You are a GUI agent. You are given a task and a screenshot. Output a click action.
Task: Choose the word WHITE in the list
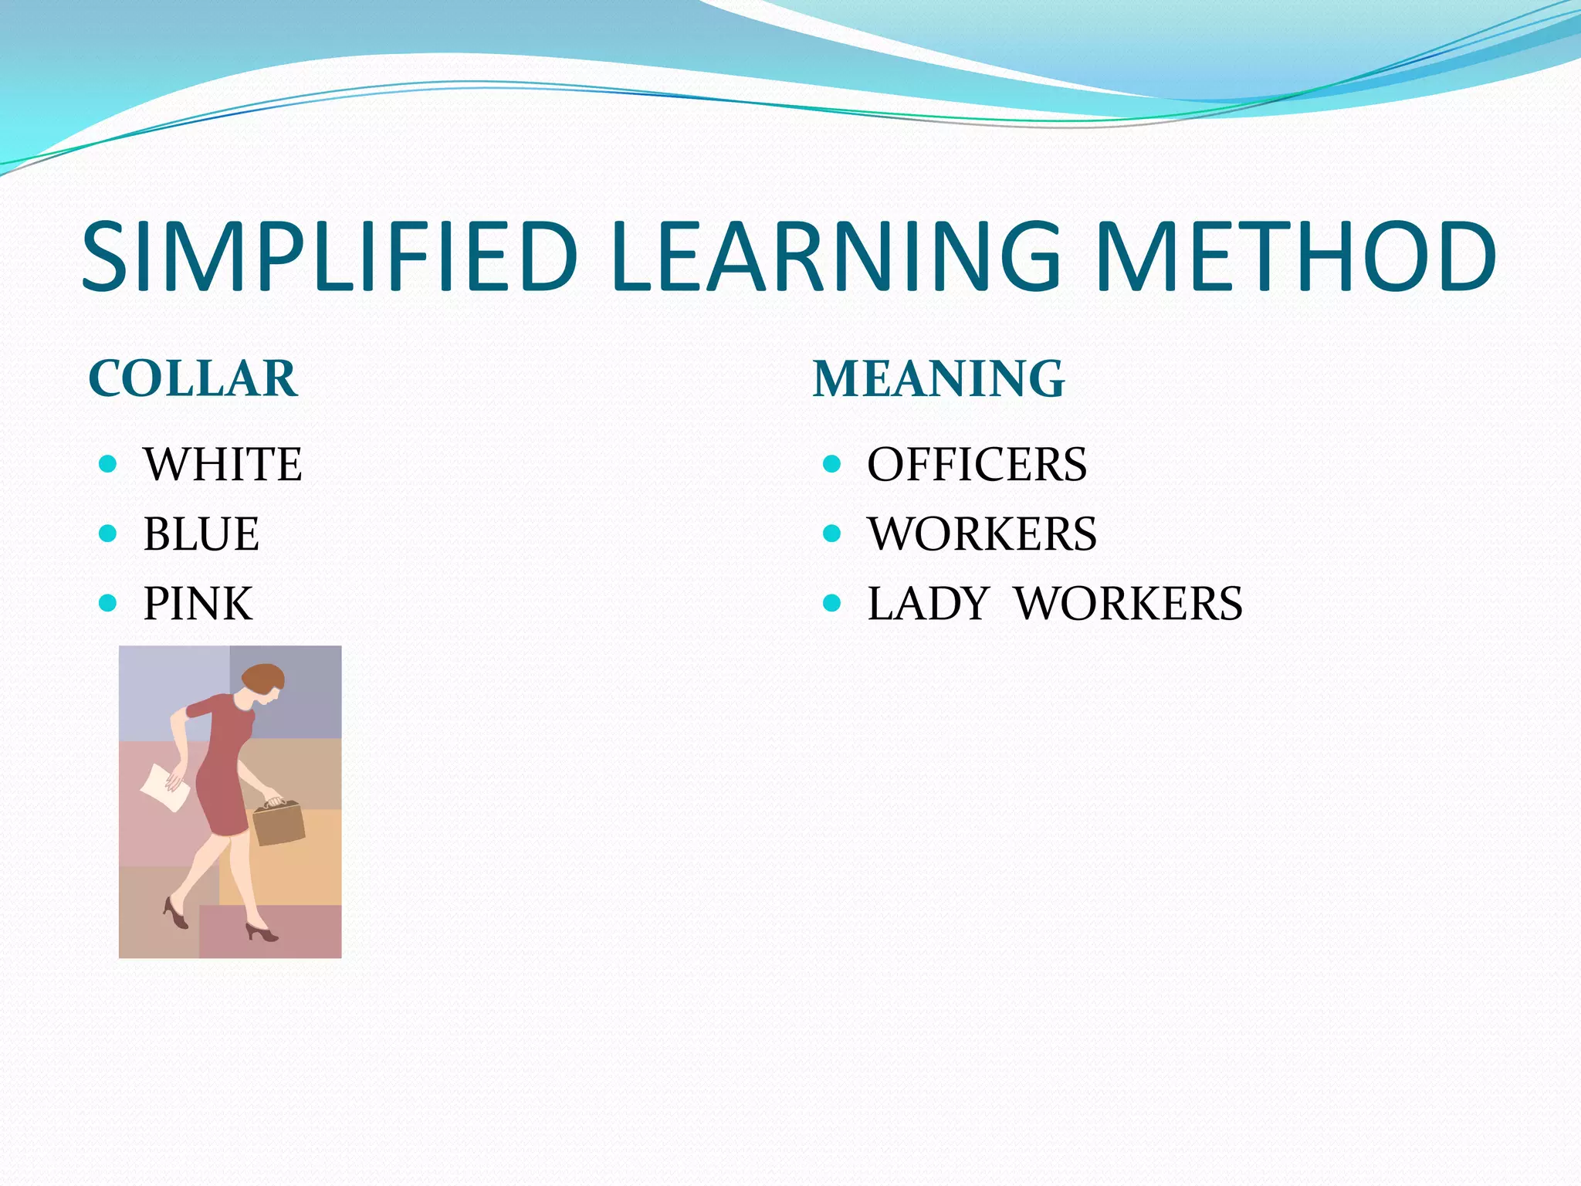[222, 464]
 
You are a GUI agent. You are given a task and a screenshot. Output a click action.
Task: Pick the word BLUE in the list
[201, 534]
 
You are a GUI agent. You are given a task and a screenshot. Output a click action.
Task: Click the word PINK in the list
[198, 603]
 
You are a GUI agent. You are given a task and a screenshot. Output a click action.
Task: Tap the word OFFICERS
[977, 464]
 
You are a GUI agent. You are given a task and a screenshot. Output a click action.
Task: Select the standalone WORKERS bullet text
[981, 534]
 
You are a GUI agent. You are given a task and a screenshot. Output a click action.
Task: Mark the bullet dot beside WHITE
[108, 464]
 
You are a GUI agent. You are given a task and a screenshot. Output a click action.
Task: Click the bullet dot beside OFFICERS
[831, 464]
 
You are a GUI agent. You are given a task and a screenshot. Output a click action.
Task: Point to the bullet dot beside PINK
[108, 602]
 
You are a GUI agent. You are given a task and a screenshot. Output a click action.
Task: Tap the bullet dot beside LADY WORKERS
[831, 602]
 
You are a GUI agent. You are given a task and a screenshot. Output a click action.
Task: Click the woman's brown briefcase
[279, 824]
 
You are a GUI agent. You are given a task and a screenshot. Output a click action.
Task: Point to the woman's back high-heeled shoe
[176, 913]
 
